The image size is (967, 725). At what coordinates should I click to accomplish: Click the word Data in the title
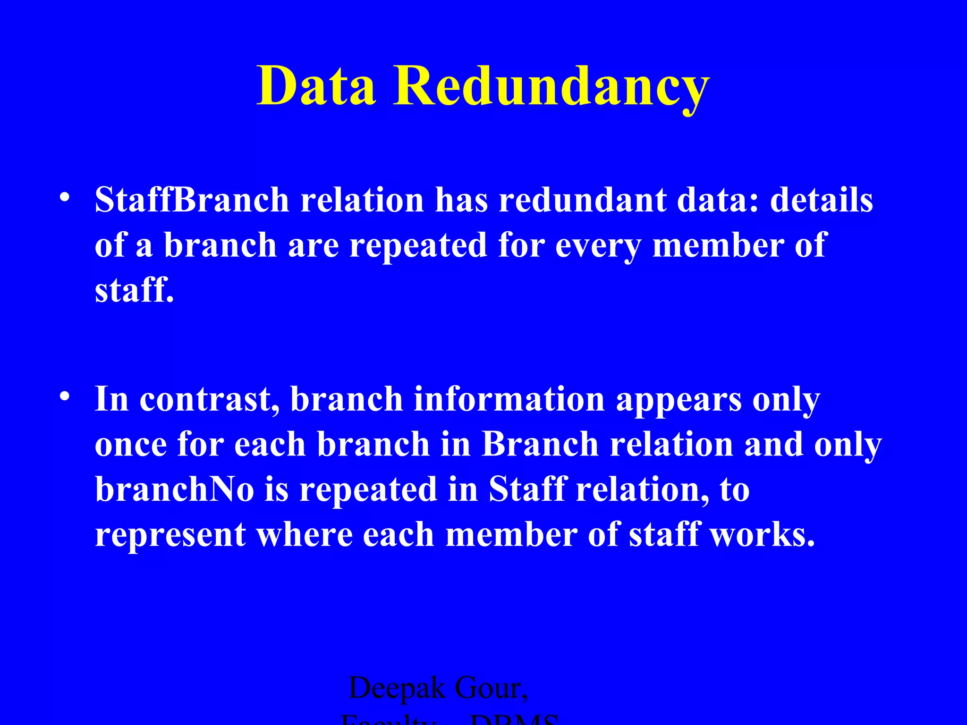coord(316,86)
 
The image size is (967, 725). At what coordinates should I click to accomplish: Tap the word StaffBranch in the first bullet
coord(192,200)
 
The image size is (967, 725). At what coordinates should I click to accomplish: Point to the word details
coord(821,200)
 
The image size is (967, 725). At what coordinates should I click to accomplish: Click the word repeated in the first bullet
coord(418,245)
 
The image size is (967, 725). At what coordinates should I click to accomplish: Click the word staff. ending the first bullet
coord(135,290)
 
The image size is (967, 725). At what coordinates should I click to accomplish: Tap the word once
coord(131,445)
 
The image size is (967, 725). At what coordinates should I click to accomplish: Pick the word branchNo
coord(175,489)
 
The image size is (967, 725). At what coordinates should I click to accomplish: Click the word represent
coord(170,535)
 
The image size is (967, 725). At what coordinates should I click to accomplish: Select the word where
coord(304,534)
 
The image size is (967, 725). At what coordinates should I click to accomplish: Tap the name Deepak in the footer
coord(397,688)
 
